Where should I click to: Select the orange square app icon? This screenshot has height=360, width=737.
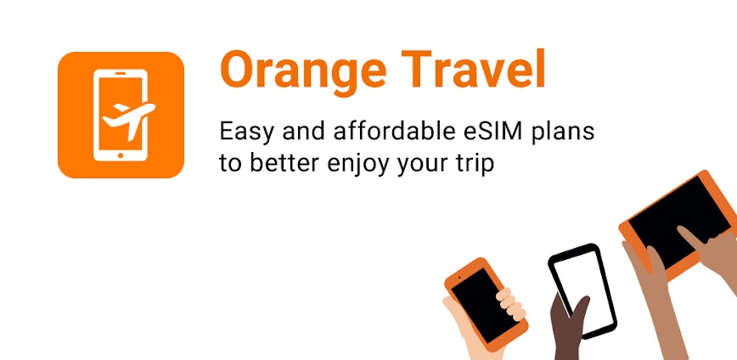[x=121, y=115]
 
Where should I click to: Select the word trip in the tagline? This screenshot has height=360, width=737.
[x=475, y=164]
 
